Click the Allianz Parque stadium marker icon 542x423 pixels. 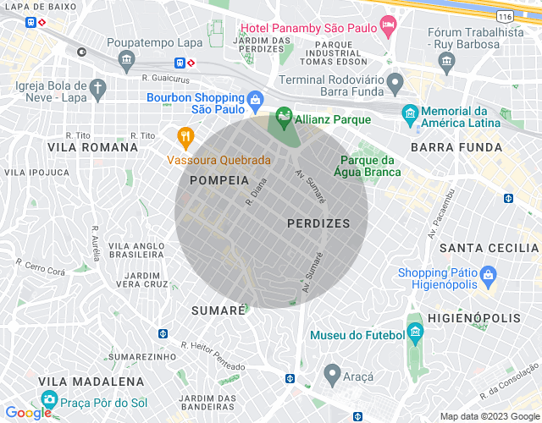pos(284,116)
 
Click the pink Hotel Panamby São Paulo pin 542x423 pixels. pos(388,25)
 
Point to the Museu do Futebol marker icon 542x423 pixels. pos(414,331)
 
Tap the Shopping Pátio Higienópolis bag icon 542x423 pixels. pos(488,275)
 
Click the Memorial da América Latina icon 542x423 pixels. pos(411,113)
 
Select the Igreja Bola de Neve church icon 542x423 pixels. pos(98,87)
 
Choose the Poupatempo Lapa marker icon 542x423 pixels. pos(127,58)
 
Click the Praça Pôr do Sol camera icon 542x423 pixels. pos(50,399)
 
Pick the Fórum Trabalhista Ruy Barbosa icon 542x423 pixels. pos(446,60)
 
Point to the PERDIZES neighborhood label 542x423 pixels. pos(318,223)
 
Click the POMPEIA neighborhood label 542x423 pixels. pos(219,180)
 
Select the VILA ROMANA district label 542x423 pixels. pos(92,147)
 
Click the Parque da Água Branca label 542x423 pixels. pos(368,167)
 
